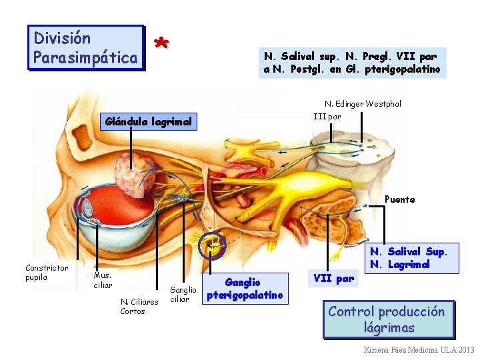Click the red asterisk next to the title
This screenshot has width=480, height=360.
(160, 43)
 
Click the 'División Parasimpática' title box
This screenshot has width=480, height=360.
(85, 48)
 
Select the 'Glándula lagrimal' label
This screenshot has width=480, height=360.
(148, 121)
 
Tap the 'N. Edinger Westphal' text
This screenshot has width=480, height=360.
(363, 104)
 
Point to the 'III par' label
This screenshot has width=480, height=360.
(327, 116)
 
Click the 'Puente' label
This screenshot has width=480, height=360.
(399, 199)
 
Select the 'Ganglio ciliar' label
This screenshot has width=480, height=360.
(183, 294)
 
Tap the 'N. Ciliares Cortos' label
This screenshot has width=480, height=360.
(139, 306)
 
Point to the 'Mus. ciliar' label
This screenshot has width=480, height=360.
(103, 280)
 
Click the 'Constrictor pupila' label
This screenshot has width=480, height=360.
(47, 273)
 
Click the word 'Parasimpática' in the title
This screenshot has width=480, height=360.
(85, 58)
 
